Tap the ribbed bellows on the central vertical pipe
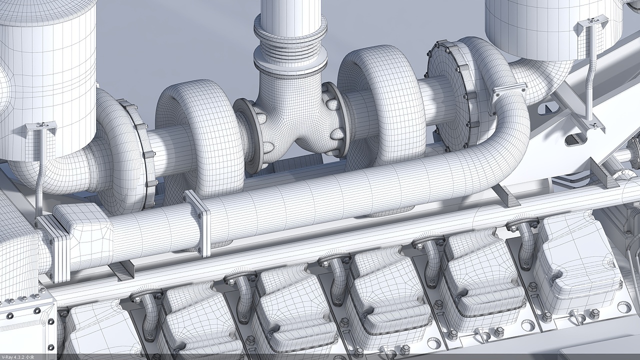[x=290, y=52]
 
